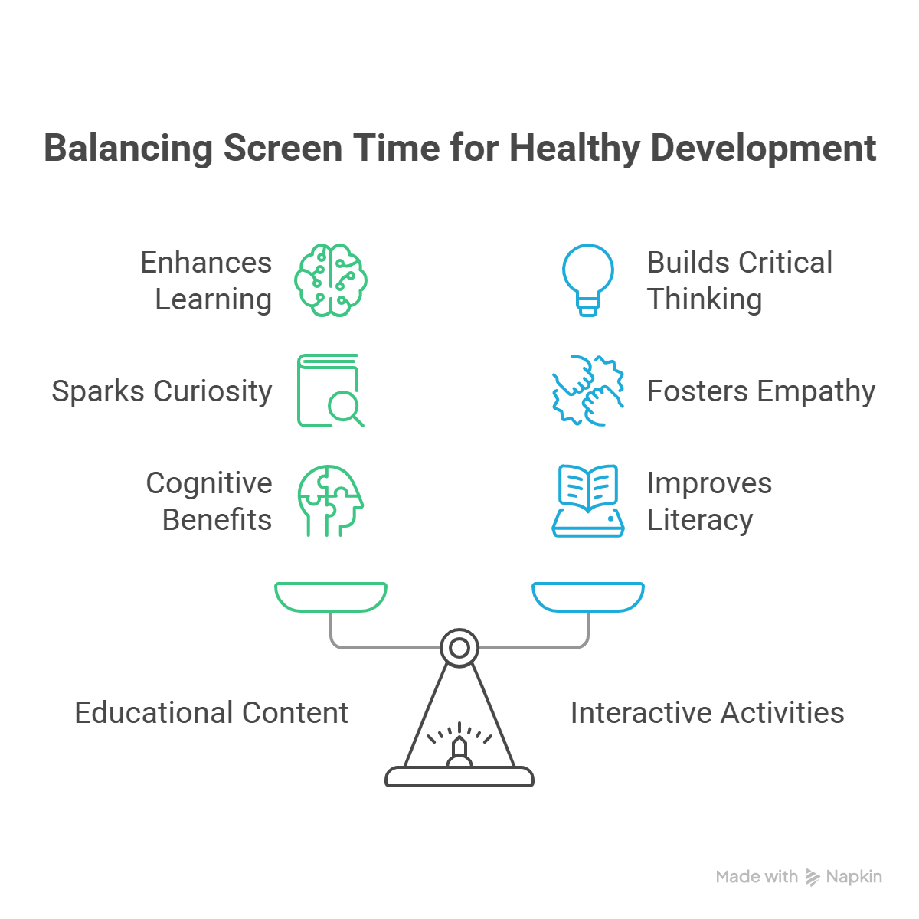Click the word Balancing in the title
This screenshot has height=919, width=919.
pyautogui.click(x=129, y=149)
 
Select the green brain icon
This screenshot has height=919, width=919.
pyautogui.click(x=331, y=280)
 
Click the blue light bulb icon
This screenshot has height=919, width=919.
pyautogui.click(x=587, y=280)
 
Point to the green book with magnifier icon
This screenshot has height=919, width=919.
pyautogui.click(x=331, y=391)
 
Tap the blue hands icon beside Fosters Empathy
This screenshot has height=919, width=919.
pyautogui.click(x=587, y=391)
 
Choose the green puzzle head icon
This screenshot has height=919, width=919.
pyautogui.click(x=331, y=501)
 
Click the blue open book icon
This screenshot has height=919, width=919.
pyautogui.click(x=587, y=501)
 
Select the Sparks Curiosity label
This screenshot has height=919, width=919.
pyautogui.click(x=162, y=392)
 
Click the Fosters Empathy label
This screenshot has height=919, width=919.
pyautogui.click(x=761, y=392)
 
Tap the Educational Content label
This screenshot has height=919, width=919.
pyautogui.click(x=211, y=713)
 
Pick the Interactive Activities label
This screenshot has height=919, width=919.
pyautogui.click(x=708, y=713)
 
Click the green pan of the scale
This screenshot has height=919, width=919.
pyautogui.click(x=331, y=597)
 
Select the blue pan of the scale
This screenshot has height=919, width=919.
pyautogui.click(x=587, y=597)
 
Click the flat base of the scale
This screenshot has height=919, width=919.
pyautogui.click(x=459, y=777)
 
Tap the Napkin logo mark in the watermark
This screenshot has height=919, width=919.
pyautogui.click(x=813, y=877)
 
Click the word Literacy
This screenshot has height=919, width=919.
pyautogui.click(x=700, y=520)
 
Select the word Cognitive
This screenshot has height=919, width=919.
pyautogui.click(x=209, y=484)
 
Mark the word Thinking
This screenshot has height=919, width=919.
pyautogui.click(x=705, y=300)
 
